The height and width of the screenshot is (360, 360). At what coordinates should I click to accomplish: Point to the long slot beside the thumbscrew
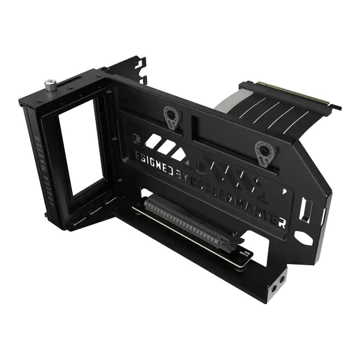coord(71,80)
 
